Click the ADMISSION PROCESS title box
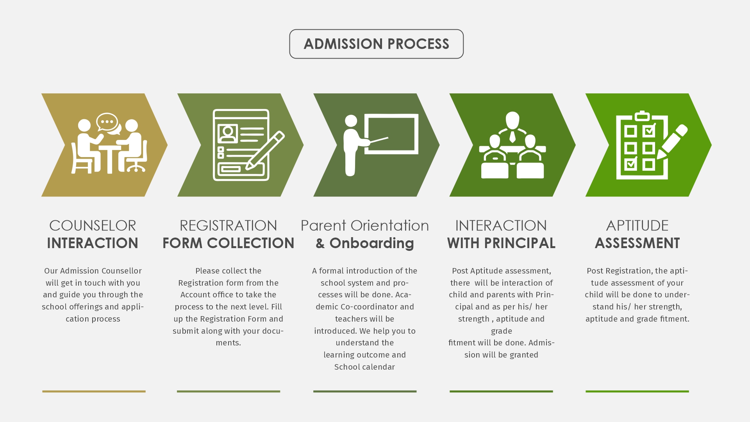click(376, 44)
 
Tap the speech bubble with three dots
click(107, 122)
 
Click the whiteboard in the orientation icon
click(391, 134)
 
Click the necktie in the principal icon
click(512, 137)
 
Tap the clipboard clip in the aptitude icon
click(642, 116)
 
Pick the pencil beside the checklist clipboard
click(672, 142)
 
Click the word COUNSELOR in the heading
click(93, 225)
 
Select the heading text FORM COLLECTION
click(229, 243)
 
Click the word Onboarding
click(371, 243)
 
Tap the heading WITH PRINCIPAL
click(501, 243)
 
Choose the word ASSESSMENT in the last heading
click(637, 243)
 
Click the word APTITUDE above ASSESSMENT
click(637, 225)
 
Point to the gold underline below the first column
click(94, 391)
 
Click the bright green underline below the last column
click(637, 391)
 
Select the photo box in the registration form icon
click(228, 134)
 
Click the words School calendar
click(364, 367)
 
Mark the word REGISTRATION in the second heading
click(229, 225)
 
